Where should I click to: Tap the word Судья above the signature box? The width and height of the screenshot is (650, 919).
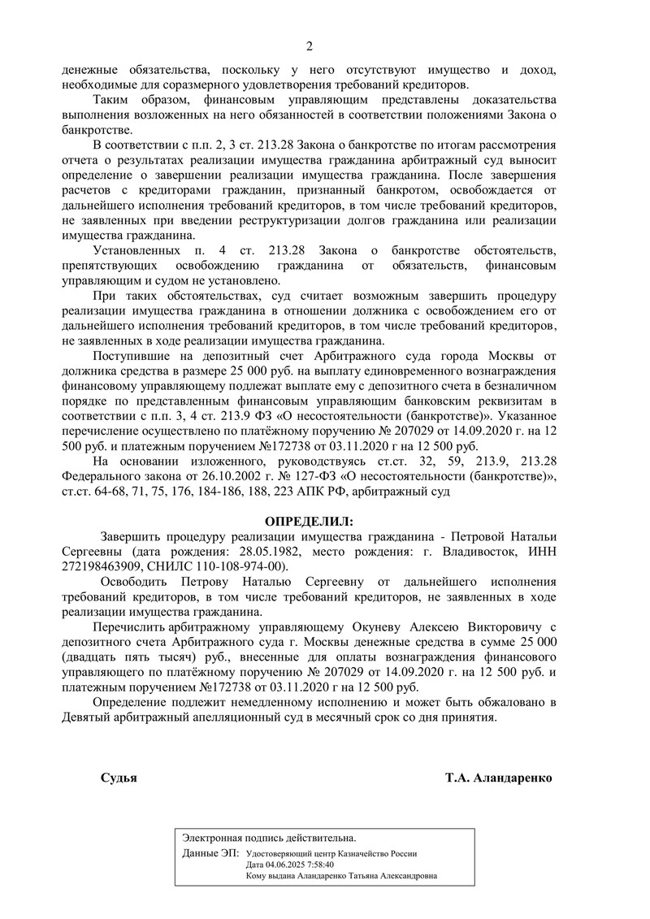(x=119, y=778)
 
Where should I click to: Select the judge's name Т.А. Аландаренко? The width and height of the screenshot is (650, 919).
(x=498, y=778)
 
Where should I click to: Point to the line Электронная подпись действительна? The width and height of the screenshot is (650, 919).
(x=269, y=838)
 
